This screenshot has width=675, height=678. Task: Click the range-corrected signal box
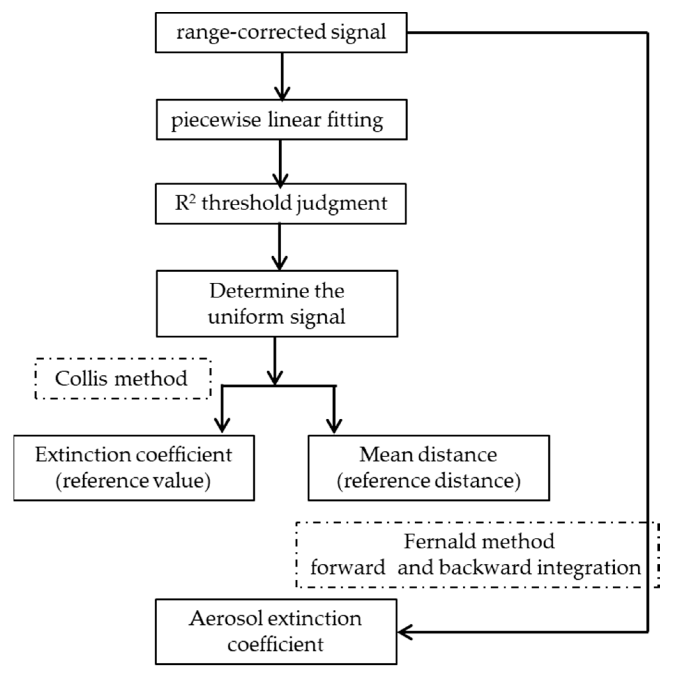pyautogui.click(x=281, y=33)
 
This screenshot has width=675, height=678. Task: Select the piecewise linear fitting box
pyautogui.click(x=281, y=120)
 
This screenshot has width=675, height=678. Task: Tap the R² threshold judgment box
pyautogui.click(x=281, y=204)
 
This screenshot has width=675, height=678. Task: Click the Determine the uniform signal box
pyautogui.click(x=276, y=304)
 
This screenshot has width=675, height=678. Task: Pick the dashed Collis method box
pyautogui.click(x=123, y=379)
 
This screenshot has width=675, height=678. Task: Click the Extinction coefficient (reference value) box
pyautogui.click(x=134, y=468)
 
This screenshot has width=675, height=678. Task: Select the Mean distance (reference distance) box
pyautogui.click(x=428, y=468)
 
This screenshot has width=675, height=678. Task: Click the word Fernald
pyautogui.click(x=436, y=541)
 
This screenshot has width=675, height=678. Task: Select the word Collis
pyautogui.click(x=81, y=379)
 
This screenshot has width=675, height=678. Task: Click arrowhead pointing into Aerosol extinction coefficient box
pyautogui.click(x=404, y=632)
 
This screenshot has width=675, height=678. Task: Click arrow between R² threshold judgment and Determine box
pyautogui.click(x=279, y=246)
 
